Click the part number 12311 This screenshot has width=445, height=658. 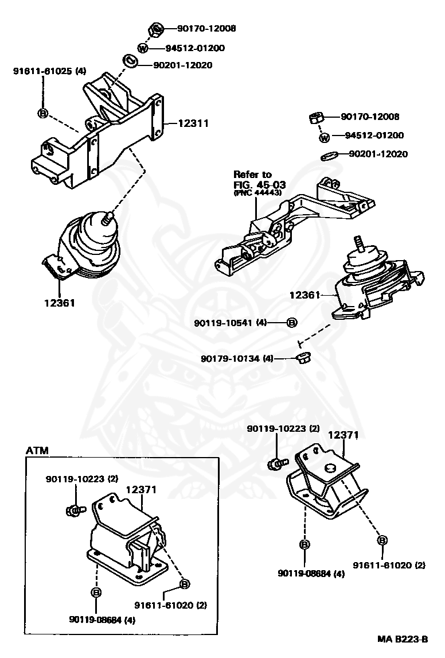click(193, 123)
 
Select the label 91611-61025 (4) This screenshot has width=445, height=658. click(49, 71)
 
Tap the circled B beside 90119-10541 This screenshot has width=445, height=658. click(292, 323)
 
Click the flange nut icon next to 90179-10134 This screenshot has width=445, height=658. click(302, 358)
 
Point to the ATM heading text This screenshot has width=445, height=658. click(37, 451)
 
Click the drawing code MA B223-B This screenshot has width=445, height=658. click(403, 640)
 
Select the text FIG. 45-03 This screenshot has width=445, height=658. click(260, 185)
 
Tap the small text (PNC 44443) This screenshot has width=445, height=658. click(257, 192)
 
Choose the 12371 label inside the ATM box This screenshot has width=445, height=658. click(142, 489)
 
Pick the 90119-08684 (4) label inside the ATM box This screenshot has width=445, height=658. click(102, 620)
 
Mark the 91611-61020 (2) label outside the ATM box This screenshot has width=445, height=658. click(388, 565)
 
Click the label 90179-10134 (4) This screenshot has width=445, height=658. click(237, 358)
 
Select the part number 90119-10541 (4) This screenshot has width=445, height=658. click(230, 323)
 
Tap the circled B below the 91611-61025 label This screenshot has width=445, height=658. click(43, 113)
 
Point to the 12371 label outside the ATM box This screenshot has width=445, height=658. click(343, 435)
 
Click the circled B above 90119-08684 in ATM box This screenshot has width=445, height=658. click(96, 592)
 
